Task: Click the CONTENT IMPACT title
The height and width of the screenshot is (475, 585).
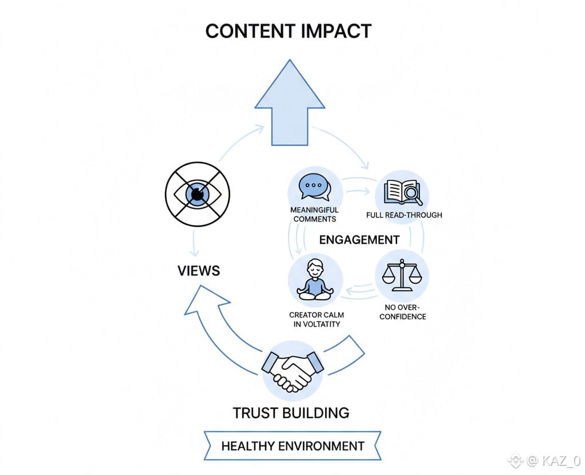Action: point(289,31)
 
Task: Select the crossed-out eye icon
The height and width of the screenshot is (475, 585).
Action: point(197,195)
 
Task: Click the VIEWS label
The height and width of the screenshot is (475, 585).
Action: point(198,270)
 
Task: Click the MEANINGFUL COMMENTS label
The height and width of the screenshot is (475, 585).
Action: point(315,215)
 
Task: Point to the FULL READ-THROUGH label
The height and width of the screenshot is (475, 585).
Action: point(404,215)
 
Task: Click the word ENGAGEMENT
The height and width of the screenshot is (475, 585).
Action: point(359,240)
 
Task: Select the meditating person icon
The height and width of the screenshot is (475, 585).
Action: point(315,280)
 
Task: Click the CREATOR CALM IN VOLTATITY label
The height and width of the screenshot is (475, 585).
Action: point(316,320)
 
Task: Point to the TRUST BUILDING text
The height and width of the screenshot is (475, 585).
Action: point(291,412)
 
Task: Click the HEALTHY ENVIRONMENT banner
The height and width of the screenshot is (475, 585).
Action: point(292,446)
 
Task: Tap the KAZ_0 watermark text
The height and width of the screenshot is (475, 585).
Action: point(562,460)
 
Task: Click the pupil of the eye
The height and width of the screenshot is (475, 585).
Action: point(197,195)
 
